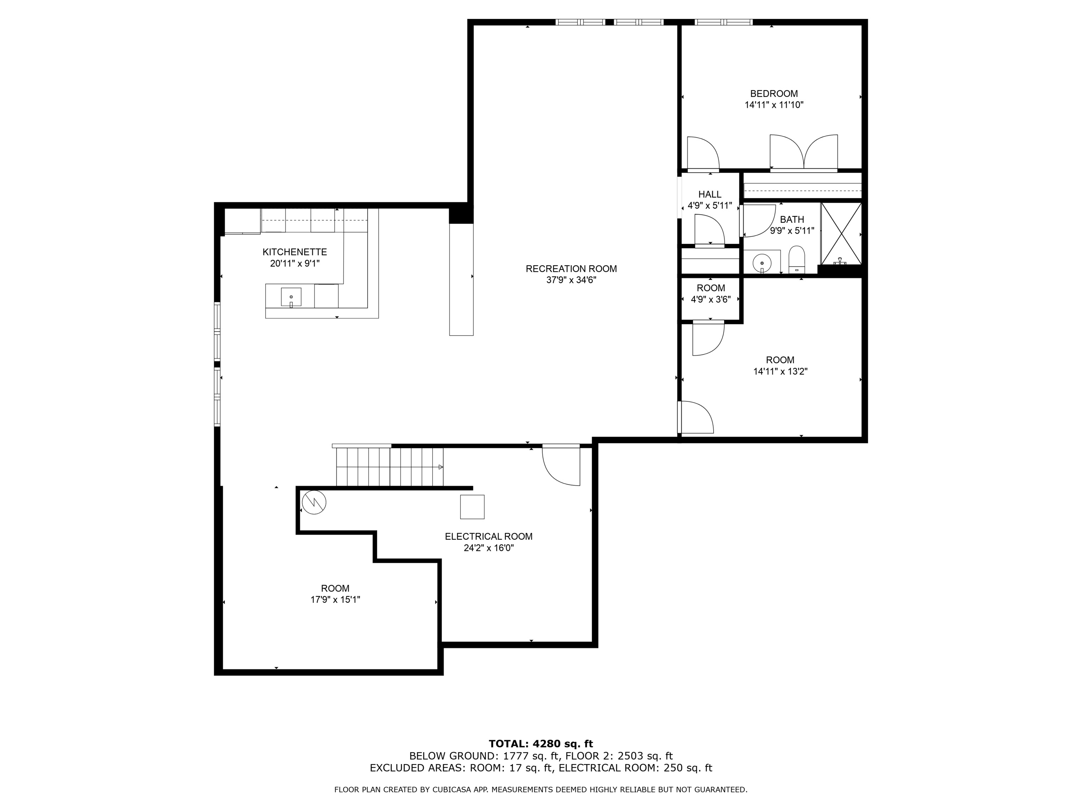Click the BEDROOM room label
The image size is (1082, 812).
[x=774, y=93]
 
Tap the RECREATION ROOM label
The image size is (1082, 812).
[x=571, y=269]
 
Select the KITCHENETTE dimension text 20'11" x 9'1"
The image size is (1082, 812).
[x=294, y=263]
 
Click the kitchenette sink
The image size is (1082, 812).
[x=291, y=297]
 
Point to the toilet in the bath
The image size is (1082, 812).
[x=797, y=259]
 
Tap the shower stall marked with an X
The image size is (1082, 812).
[x=841, y=233]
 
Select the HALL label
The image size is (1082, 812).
[x=710, y=194]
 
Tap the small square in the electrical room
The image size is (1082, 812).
[x=472, y=506]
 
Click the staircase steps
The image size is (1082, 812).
[x=389, y=467]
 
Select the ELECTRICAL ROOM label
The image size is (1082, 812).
[x=488, y=536]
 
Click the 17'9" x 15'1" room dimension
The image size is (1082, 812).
[x=335, y=599]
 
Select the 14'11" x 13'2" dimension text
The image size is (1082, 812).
[x=780, y=371]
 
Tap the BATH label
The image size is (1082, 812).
[x=792, y=220]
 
